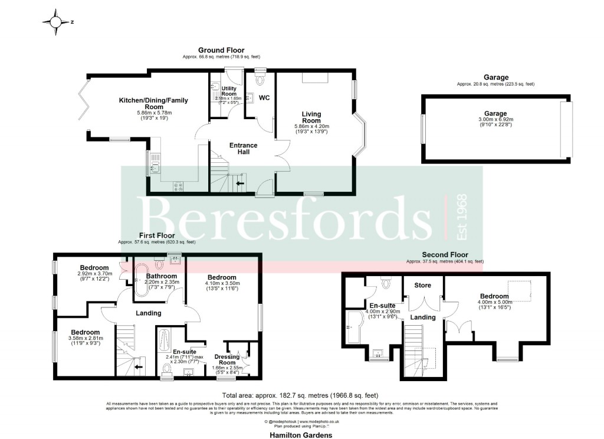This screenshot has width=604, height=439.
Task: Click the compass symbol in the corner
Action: (x=56, y=22)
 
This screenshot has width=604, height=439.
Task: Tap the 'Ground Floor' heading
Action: (x=221, y=50)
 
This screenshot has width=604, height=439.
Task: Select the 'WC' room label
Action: (x=264, y=97)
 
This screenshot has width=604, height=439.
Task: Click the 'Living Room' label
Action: (x=311, y=117)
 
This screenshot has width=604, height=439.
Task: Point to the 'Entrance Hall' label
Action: (x=239, y=148)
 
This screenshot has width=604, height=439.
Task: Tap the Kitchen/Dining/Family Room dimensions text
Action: (x=153, y=115)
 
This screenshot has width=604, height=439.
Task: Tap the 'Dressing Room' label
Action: (x=226, y=360)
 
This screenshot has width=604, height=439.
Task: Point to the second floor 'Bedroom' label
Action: (x=494, y=296)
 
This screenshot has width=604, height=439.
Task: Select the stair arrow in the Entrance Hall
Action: (x=241, y=183)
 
